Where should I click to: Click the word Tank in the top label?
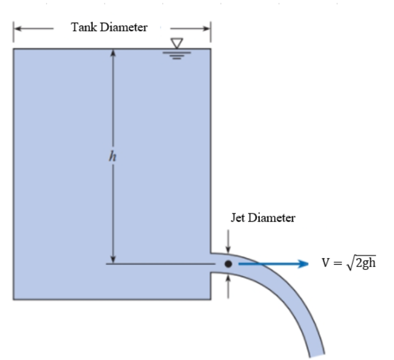83,28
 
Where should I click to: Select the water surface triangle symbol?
177,42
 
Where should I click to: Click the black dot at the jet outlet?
228,264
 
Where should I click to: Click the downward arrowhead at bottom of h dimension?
114,259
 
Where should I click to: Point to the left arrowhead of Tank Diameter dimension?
17,28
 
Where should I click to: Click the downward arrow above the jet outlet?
228,248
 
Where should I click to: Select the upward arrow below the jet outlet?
228,280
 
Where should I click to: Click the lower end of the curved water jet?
316,352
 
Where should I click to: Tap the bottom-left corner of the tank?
14,299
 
